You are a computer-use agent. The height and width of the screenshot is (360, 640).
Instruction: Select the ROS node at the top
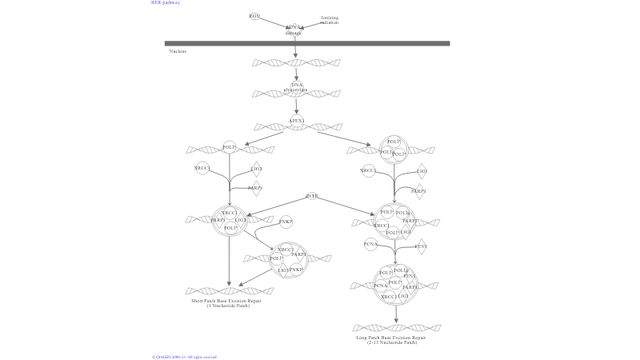254,16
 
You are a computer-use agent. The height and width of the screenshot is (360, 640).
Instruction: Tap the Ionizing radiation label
330,20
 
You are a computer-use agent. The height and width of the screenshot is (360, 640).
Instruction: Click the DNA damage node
294,30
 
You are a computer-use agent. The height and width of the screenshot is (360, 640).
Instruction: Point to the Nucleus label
178,51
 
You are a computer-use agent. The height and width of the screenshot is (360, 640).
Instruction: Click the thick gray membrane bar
307,43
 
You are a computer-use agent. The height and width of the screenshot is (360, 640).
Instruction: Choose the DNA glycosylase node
296,87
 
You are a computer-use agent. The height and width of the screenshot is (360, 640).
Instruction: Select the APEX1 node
297,121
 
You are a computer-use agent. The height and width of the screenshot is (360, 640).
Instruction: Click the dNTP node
312,196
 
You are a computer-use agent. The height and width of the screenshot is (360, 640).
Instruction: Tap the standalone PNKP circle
286,222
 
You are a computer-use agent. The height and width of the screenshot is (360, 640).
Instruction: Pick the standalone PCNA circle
370,245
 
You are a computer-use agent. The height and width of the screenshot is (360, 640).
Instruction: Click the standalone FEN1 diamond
420,246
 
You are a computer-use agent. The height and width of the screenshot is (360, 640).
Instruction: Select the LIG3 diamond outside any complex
256,169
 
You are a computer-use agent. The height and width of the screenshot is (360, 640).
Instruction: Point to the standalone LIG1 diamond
421,171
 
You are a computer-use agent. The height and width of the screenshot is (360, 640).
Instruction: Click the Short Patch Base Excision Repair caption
226,303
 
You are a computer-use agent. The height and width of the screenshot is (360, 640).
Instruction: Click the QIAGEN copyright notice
185,357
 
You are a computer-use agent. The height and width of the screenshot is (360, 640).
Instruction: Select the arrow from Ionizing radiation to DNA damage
312,26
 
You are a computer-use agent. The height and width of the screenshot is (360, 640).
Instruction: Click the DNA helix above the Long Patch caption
397,327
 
